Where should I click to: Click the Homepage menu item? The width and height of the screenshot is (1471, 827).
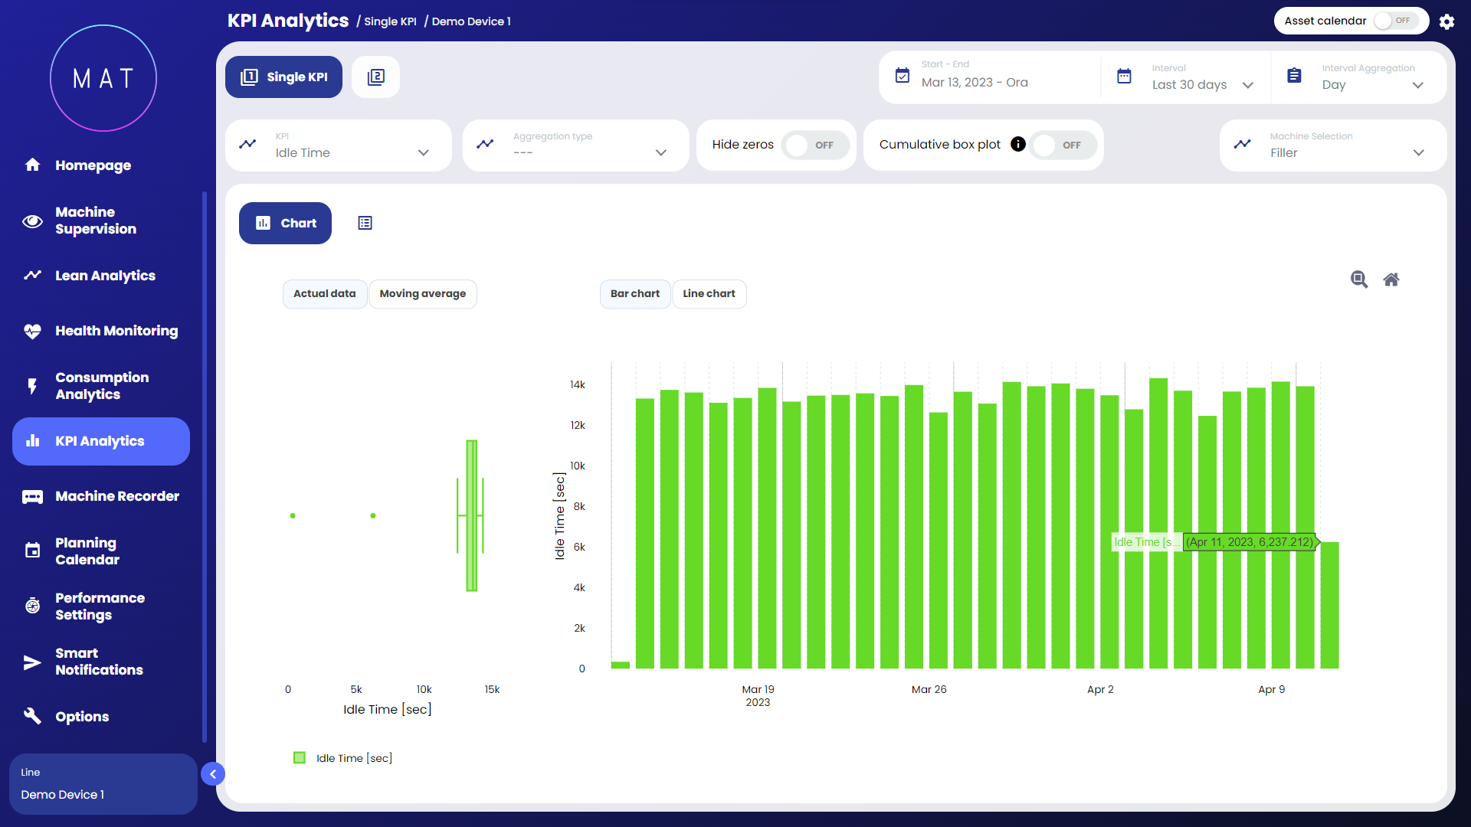(92, 165)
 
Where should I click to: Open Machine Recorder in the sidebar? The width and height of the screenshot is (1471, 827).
(116, 496)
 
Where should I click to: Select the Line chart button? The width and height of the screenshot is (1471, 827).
(709, 294)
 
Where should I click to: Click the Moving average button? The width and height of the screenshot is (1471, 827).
(422, 294)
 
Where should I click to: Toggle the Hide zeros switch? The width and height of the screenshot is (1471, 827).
(814, 145)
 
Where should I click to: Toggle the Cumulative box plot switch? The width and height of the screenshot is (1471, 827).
(1062, 145)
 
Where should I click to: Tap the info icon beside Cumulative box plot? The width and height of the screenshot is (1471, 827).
(1017, 145)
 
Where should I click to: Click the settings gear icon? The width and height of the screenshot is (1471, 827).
(1446, 21)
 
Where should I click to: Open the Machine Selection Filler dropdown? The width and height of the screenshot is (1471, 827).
(1332, 145)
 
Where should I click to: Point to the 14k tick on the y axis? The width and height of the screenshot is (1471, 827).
(578, 385)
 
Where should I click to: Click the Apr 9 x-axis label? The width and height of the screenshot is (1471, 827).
(1271, 690)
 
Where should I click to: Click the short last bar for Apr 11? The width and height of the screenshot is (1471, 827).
(1329, 605)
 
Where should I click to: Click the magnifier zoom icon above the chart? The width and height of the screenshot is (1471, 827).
(1358, 279)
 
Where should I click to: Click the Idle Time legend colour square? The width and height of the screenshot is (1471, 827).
(300, 758)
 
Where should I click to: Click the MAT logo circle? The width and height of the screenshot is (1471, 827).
(103, 78)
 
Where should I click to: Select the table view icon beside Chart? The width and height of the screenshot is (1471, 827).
(365, 224)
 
